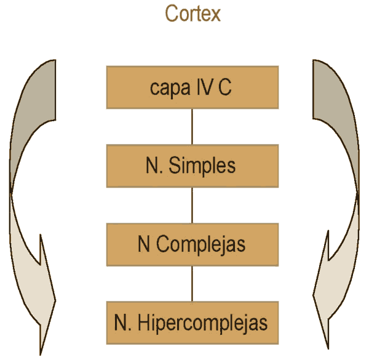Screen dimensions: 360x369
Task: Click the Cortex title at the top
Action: click(x=192, y=14)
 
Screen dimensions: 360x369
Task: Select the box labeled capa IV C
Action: click(x=192, y=87)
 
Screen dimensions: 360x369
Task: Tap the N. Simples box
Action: click(x=192, y=166)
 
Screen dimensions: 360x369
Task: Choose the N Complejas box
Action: click(x=192, y=244)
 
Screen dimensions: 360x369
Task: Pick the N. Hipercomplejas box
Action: click(x=192, y=322)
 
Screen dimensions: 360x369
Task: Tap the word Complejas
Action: click(x=200, y=245)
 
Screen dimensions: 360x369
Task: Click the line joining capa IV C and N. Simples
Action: click(x=192, y=127)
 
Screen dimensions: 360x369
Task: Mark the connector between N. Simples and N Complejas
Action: click(x=192, y=205)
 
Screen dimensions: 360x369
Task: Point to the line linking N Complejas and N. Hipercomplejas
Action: click(x=192, y=284)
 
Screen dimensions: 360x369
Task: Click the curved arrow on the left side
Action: click(x=31, y=203)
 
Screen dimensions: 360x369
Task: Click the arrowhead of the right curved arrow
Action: click(x=326, y=302)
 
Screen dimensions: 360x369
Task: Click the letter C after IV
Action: click(x=225, y=87)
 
